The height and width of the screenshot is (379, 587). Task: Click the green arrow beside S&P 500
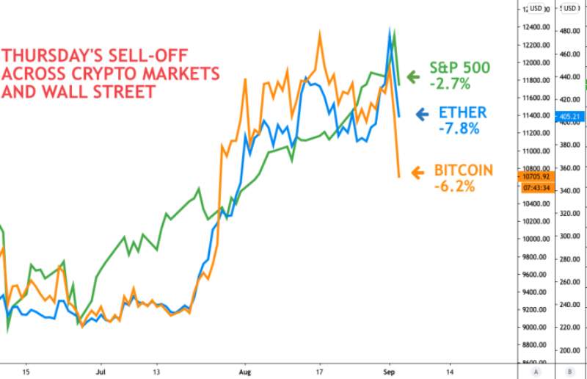click(x=412, y=76)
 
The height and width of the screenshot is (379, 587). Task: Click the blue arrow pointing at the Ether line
click(x=422, y=114)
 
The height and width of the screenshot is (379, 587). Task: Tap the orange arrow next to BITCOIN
click(x=418, y=173)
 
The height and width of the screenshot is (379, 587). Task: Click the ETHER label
click(x=462, y=112)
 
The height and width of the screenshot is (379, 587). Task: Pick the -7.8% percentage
click(x=459, y=129)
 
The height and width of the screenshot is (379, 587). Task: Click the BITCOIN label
click(x=463, y=170)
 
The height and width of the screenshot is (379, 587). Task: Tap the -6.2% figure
click(x=454, y=187)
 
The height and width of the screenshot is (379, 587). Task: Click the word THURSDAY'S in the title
click(x=52, y=55)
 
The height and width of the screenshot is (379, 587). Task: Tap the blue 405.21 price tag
click(x=569, y=116)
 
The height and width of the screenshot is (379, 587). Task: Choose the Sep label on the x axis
click(x=389, y=372)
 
